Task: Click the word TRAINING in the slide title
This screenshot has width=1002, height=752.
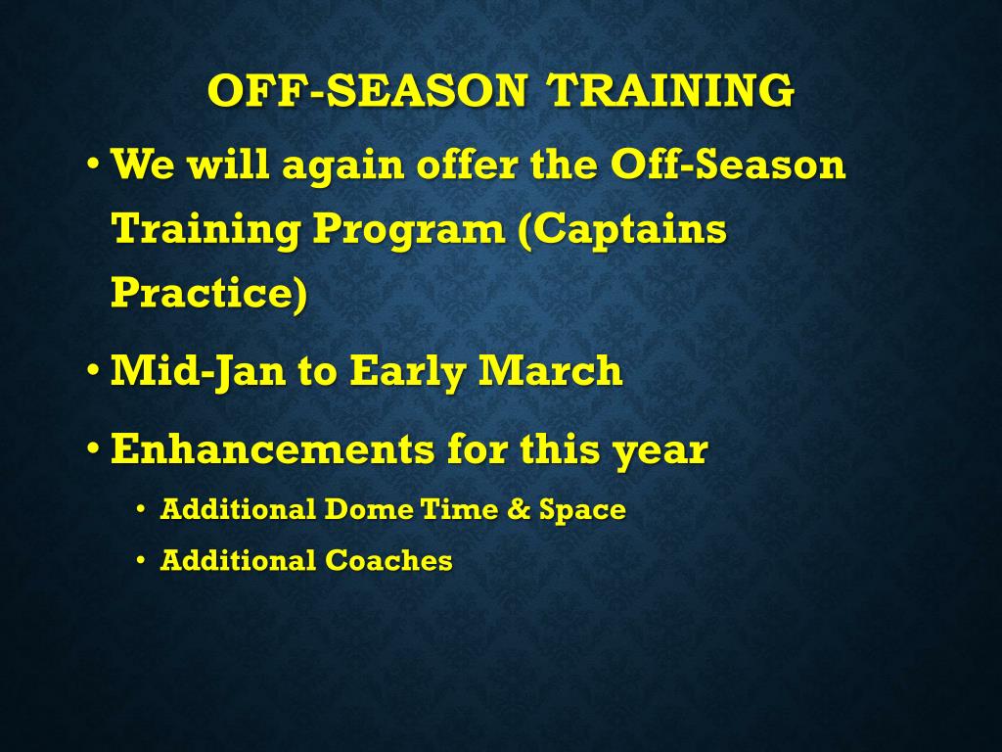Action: [x=671, y=90]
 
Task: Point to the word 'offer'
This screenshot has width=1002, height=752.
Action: [x=468, y=164]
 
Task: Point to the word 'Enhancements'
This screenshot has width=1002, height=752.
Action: [x=273, y=448]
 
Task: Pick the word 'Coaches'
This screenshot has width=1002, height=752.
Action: [x=388, y=560]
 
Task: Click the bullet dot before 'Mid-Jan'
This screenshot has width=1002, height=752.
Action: [x=93, y=371]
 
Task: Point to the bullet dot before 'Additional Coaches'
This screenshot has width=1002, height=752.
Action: [x=141, y=561]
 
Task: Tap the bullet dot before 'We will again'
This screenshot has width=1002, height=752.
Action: [x=93, y=164]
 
